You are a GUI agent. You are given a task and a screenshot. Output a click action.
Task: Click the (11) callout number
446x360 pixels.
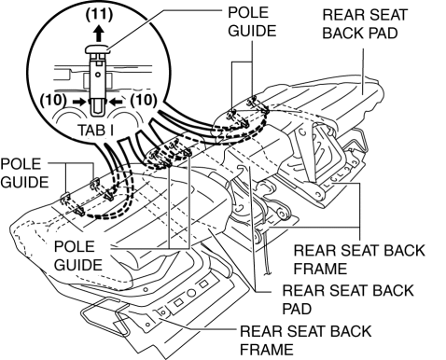[x=99, y=15]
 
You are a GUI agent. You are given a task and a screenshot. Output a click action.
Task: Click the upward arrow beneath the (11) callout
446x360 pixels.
[x=99, y=34]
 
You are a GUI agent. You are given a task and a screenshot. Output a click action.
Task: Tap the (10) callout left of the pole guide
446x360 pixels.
[x=53, y=100]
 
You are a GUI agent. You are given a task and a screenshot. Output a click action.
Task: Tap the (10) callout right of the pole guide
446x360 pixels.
[x=144, y=100]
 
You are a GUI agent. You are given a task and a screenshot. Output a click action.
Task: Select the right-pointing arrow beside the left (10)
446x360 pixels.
[x=78, y=102]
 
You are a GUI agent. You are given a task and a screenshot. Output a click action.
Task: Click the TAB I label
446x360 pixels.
[x=95, y=130]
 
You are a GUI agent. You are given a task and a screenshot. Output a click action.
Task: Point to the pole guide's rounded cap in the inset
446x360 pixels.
[x=98, y=49]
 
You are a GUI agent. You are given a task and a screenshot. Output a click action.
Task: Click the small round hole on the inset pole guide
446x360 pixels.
[x=98, y=75]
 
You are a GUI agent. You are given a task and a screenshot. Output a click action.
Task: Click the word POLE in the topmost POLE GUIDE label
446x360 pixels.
[x=248, y=12]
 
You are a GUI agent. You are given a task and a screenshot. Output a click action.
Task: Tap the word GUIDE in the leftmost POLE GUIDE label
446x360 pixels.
[x=24, y=182]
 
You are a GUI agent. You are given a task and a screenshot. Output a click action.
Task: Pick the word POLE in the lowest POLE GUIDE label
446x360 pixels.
[x=75, y=246]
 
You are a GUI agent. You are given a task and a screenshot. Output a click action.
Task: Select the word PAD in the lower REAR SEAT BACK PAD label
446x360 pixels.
[x=297, y=309]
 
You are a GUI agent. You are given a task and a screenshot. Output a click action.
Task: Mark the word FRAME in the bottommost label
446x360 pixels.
[x=267, y=350]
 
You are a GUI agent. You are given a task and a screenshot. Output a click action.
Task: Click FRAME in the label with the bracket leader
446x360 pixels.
[x=320, y=269]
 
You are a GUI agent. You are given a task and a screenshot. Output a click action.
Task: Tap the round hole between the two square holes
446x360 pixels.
[x=191, y=293]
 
